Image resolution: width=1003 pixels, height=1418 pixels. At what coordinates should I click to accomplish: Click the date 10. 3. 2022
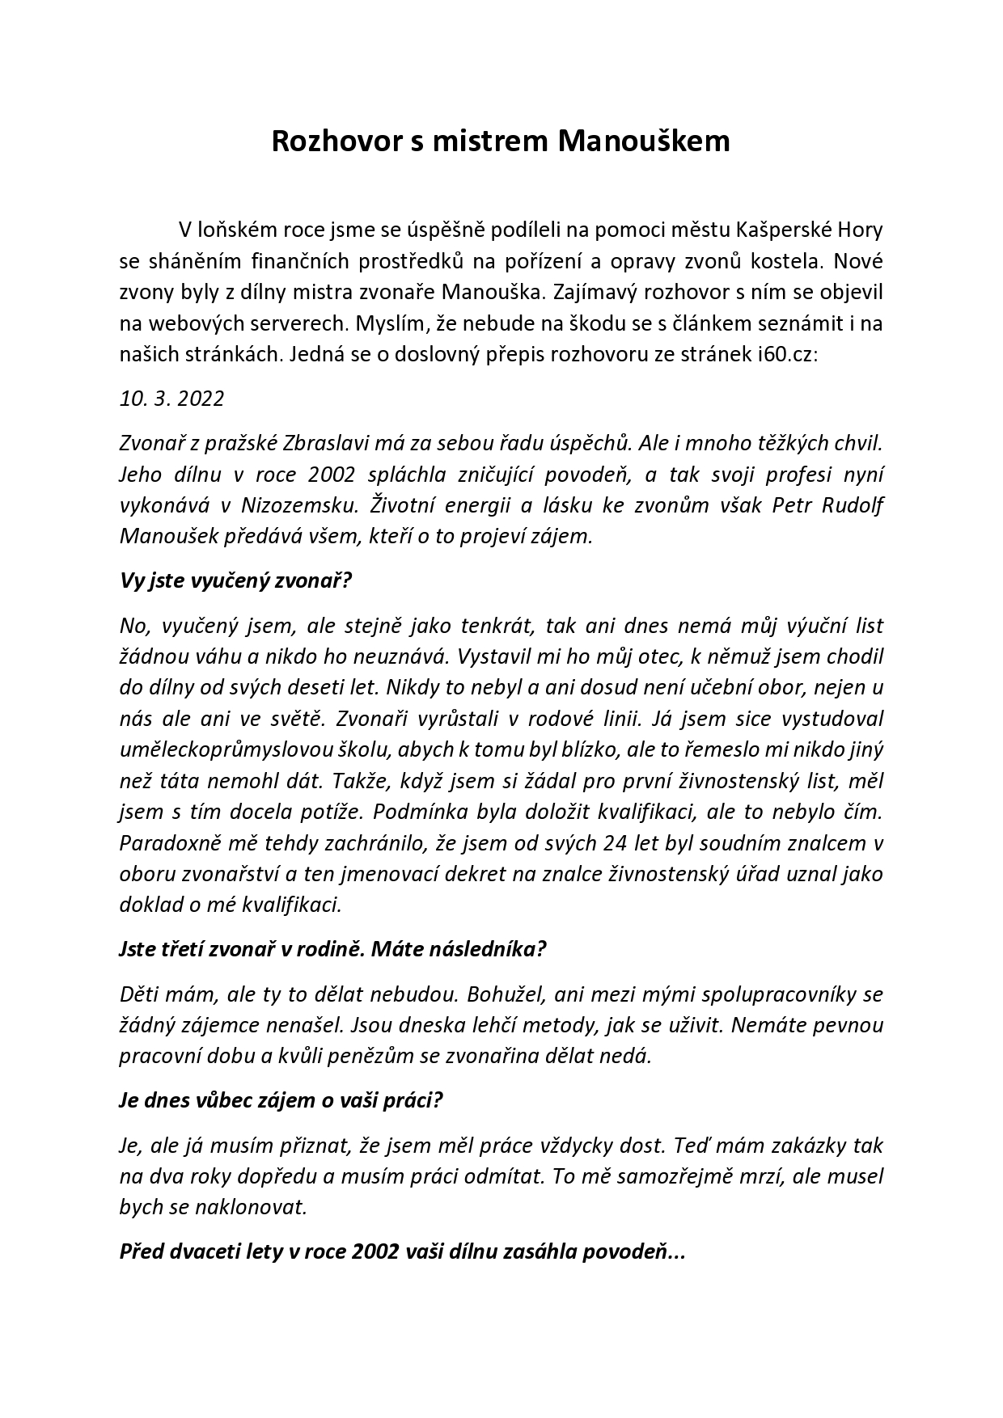click(x=171, y=399)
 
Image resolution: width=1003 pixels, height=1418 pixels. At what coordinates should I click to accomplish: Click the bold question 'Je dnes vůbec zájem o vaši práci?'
click(x=281, y=1101)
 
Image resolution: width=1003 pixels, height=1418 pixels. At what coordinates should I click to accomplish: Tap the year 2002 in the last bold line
click(x=376, y=1252)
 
